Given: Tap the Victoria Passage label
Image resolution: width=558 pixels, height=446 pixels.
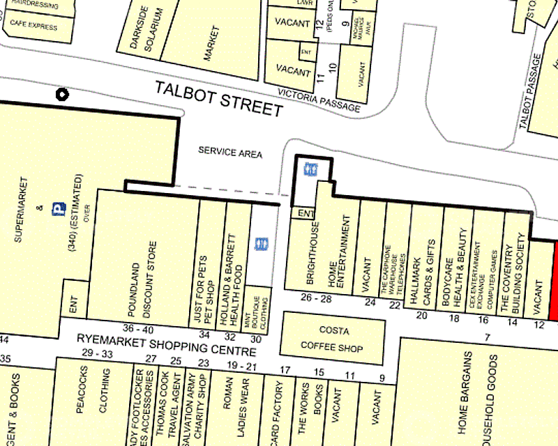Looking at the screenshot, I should tap(319, 100).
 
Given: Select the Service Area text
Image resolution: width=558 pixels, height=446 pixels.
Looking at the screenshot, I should tap(230, 152).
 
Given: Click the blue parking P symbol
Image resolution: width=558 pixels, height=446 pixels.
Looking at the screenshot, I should tap(60, 208).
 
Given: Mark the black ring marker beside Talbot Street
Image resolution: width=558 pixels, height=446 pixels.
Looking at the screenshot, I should tap(63, 94).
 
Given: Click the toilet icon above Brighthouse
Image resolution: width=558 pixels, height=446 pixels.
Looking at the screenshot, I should tap(308, 169).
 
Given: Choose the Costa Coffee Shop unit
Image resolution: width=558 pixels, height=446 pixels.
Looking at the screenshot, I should tap(331, 338).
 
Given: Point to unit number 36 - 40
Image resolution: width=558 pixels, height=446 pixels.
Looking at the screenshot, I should tap(137, 329).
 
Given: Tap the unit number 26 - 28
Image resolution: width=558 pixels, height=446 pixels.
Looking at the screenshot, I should tap(316, 298).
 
